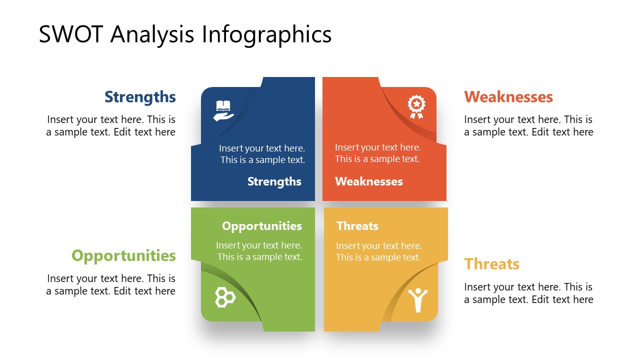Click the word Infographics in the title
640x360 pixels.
click(x=266, y=34)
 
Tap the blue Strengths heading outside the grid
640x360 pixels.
click(x=140, y=96)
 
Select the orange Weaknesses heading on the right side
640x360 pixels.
click(x=508, y=96)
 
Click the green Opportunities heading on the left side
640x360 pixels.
click(x=123, y=255)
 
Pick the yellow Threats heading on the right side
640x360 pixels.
click(x=491, y=263)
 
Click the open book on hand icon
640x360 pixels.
click(x=223, y=110)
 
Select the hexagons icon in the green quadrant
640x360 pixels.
click(x=225, y=297)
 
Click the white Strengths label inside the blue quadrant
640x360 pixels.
click(x=274, y=181)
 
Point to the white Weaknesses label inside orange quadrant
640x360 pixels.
click(x=368, y=181)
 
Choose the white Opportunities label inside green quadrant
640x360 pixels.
click(x=261, y=226)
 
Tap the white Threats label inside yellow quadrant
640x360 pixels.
click(x=357, y=226)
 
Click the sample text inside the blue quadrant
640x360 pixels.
click(x=262, y=154)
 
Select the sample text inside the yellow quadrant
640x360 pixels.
click(x=378, y=251)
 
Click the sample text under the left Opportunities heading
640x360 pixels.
click(x=111, y=284)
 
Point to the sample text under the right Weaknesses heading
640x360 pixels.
click(x=528, y=125)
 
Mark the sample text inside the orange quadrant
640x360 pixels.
click(x=377, y=153)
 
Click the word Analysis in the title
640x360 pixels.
click(x=153, y=34)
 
